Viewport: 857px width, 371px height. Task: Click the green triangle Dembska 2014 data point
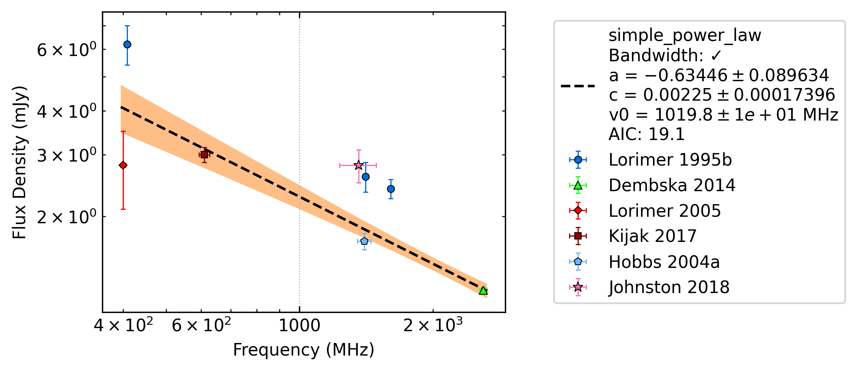[483, 290]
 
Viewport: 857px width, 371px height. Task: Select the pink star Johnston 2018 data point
[358, 165]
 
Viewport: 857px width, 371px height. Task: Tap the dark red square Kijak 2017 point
[204, 155]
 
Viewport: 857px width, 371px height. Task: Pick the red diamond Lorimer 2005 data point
[123, 165]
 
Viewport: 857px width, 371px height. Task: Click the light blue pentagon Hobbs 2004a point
[364, 241]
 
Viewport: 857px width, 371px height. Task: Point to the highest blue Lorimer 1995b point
[127, 44]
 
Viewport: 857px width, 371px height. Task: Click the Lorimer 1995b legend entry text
[670, 160]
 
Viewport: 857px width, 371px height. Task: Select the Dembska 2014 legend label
[672, 185]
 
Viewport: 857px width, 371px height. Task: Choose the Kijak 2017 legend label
[652, 236]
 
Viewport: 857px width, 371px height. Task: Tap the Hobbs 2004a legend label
[664, 262]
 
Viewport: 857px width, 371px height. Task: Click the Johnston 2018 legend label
[669, 287]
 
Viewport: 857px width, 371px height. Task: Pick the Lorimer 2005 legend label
[664, 211]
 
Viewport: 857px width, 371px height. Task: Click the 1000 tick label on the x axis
[299, 326]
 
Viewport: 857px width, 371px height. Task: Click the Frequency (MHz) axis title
[303, 350]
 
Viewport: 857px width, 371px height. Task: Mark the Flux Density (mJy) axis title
[19, 162]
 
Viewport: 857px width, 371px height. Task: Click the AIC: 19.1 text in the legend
[647, 134]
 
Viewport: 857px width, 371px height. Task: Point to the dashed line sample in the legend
[578, 86]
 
